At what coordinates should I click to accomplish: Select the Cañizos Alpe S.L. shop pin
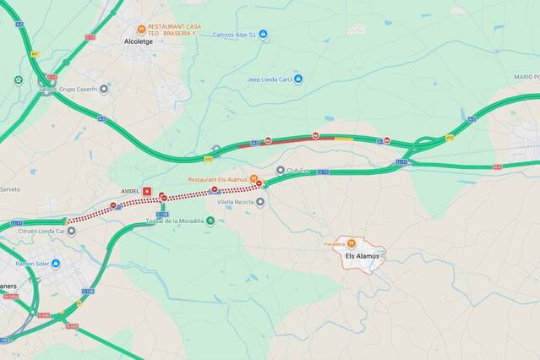coord(263,35)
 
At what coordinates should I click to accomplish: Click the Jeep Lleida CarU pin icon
coord(297,79)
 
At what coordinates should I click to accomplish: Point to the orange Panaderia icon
coord(352,244)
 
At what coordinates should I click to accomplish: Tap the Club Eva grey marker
coord(281,170)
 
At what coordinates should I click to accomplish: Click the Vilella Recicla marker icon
coord(260,202)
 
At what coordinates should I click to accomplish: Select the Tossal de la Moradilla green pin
coord(210,221)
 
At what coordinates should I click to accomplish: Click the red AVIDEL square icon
coord(147,192)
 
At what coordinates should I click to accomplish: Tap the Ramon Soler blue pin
coord(56,263)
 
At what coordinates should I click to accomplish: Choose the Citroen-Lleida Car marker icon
coord(71,231)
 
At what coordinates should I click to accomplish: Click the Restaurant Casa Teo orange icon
coord(142,28)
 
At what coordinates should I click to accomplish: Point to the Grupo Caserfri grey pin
coord(103,90)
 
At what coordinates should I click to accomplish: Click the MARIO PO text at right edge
coord(526,77)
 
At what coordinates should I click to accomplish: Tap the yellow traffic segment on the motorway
coord(344,138)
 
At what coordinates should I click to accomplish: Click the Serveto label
coord(9,189)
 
